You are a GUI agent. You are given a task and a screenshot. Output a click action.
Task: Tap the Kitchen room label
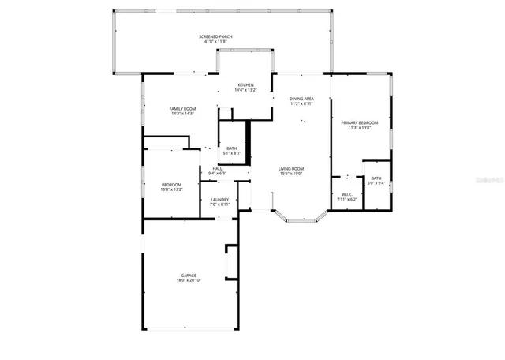(x=245, y=85)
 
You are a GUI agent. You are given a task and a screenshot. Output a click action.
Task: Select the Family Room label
(x=182, y=109)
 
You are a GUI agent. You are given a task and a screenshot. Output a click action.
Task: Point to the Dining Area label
(x=301, y=99)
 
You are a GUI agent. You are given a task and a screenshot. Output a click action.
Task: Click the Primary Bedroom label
(x=359, y=122)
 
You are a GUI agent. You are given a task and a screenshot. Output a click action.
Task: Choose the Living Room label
(x=291, y=168)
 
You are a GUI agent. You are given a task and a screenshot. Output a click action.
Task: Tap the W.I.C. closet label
(x=347, y=194)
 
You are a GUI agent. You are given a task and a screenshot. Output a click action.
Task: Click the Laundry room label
(x=219, y=200)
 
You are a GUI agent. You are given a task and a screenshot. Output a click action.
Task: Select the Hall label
(x=217, y=168)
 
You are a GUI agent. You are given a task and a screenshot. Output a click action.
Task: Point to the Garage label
(x=189, y=276)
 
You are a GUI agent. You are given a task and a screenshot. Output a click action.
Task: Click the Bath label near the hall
(x=231, y=148)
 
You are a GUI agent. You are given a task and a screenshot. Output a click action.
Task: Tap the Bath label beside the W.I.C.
(x=376, y=178)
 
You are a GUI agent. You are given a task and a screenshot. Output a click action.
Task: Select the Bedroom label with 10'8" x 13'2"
(x=171, y=184)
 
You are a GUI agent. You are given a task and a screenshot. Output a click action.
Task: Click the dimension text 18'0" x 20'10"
(x=189, y=280)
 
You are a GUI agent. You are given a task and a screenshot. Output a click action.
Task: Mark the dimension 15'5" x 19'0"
(x=291, y=173)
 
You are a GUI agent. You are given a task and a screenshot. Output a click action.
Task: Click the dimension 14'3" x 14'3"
(x=182, y=114)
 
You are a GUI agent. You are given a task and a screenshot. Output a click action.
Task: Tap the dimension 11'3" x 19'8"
(x=359, y=127)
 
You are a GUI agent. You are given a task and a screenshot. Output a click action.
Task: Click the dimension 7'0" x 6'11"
(x=219, y=204)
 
